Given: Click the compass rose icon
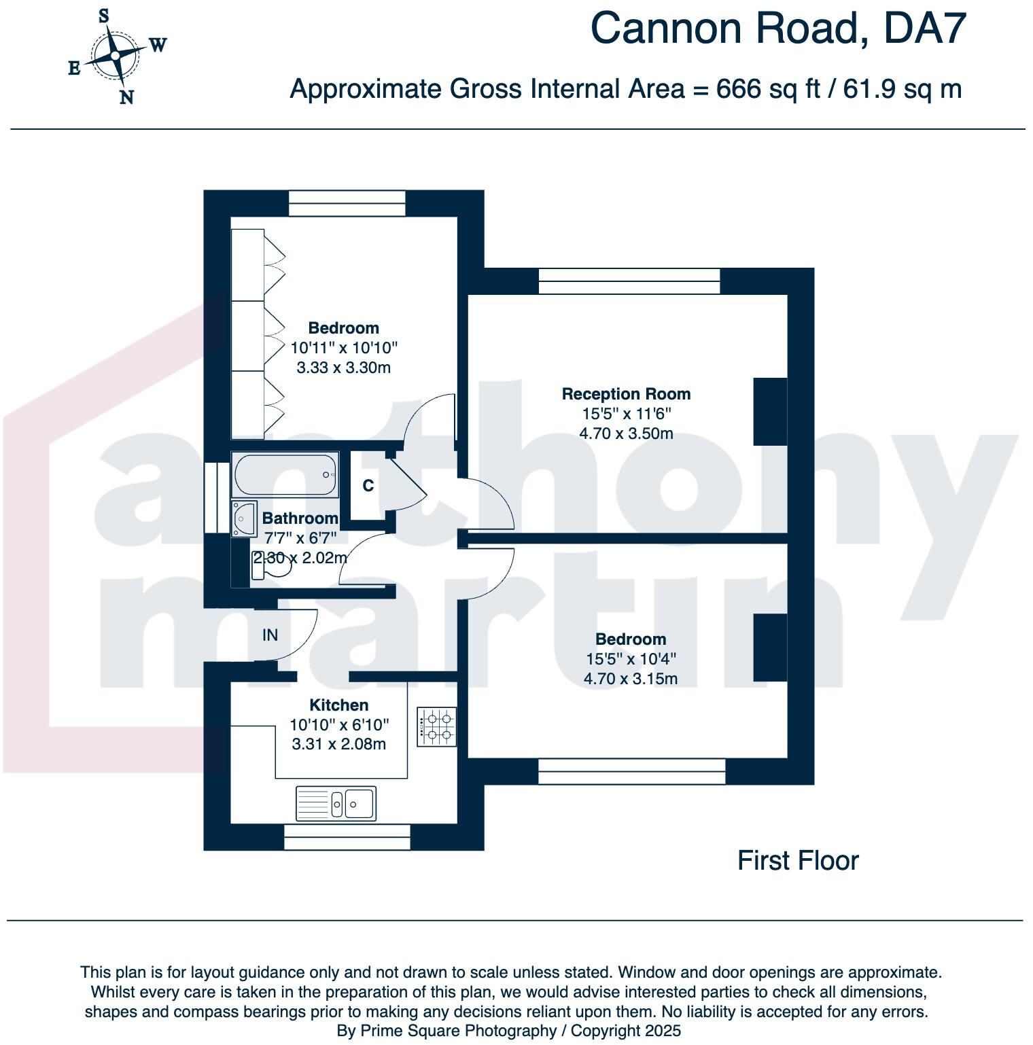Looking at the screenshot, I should (116, 56).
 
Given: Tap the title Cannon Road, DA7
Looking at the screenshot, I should (777, 29).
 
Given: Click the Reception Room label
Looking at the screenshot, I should (626, 394).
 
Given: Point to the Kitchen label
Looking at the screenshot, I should (338, 705).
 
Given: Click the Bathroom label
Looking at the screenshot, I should (300, 518).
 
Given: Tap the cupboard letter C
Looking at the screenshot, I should (368, 486).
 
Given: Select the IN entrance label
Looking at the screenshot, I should (270, 635).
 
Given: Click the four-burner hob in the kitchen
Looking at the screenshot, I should (437, 726).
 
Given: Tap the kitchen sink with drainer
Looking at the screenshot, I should (336, 803).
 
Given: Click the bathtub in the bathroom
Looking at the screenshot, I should (285, 474).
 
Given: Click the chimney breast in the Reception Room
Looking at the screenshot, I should (770, 412).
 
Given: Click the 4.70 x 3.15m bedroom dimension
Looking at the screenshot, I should (630, 679).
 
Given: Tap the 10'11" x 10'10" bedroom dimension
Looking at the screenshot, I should (344, 348).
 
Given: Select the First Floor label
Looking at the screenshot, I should (798, 861).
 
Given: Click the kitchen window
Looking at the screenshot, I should (347, 837).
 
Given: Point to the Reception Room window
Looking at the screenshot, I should (629, 281).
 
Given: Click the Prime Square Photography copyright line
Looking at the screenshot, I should (508, 1031).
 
